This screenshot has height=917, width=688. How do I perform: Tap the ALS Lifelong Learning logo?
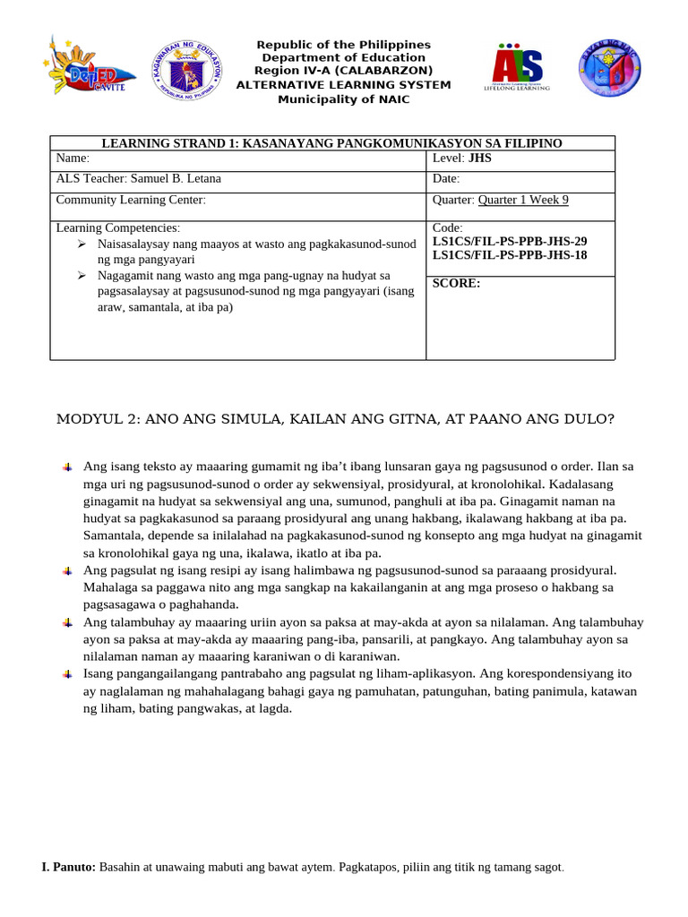pos(517,67)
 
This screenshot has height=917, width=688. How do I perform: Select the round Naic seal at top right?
pos(609,68)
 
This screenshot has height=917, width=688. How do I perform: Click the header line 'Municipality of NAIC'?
pos(343,99)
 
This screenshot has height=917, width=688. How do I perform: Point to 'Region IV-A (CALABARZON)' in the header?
pos(343,72)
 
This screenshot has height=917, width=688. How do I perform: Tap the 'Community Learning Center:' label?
pos(131,200)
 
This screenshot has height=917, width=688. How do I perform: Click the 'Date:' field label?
pos(446,178)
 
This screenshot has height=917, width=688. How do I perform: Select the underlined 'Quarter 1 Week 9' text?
pos(523,200)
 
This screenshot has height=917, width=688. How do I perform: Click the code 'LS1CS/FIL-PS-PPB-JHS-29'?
pos(510,242)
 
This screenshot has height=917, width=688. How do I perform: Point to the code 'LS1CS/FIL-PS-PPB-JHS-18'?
pos(510,255)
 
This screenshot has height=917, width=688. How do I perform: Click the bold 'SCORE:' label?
pos(456,283)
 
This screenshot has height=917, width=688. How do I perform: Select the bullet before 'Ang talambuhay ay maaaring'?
pos(67,622)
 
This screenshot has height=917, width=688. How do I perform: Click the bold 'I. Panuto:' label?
pos(69,868)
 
